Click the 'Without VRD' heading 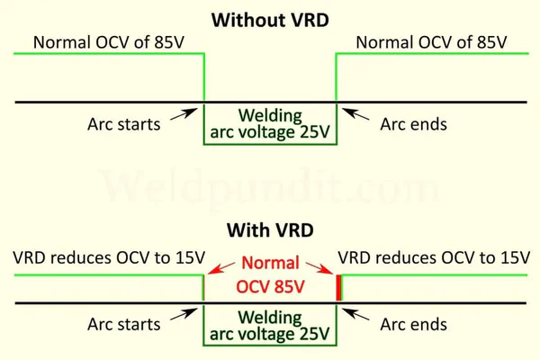point(270,20)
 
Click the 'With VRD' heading point(270,230)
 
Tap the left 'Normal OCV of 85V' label point(109,42)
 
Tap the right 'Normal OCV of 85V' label point(431,42)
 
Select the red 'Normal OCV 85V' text point(270,274)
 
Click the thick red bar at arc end point(339,287)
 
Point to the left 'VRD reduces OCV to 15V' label point(109,257)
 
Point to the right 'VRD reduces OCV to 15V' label point(434,257)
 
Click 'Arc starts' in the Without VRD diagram point(124,124)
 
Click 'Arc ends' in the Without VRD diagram point(414,124)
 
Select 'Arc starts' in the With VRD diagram point(124,324)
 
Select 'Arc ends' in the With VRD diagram point(414,324)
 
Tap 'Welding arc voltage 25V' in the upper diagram point(270,123)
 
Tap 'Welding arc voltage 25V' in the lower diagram point(270,326)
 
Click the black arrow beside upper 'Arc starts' point(184,114)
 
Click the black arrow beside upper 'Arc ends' point(355,114)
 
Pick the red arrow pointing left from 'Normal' point(221,268)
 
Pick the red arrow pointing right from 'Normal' point(319,268)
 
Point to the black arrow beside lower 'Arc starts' point(184,314)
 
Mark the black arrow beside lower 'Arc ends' point(355,314)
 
